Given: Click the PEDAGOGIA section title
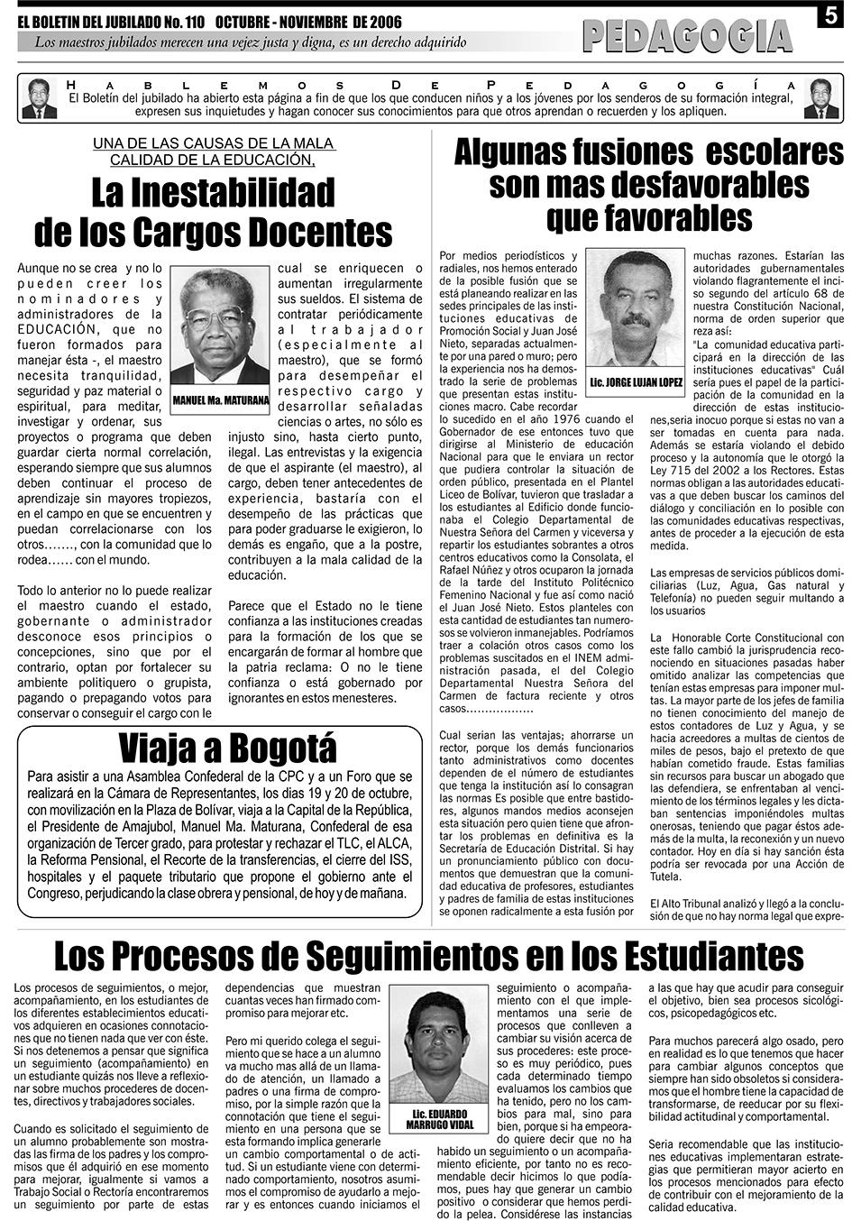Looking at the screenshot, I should [687, 36].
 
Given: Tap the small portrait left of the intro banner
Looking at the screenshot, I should [39, 98].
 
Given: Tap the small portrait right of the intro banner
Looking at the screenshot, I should [820, 98].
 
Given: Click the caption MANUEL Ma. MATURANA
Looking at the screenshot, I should [221, 399].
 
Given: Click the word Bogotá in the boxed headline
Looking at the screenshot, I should [283, 748].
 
